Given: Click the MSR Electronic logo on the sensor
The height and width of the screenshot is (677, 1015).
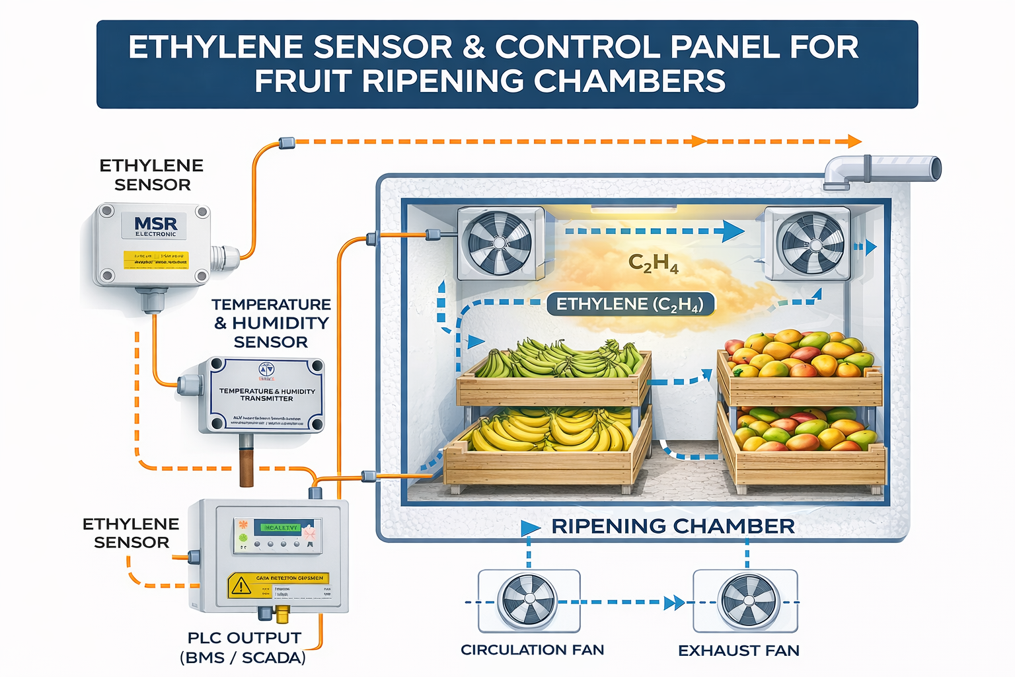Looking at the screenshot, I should [155, 227].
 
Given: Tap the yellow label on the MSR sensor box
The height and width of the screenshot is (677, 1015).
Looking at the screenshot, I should [156, 260].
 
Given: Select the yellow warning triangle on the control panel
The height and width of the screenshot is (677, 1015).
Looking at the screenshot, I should [241, 585].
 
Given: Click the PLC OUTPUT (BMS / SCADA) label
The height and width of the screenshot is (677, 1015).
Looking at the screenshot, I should [243, 648].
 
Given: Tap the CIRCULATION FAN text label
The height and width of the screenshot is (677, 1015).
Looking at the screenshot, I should [532, 650].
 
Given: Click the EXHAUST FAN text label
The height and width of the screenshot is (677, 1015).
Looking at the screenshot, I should [738, 651].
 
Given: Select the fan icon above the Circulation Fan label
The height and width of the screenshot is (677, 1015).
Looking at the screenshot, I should [528, 601].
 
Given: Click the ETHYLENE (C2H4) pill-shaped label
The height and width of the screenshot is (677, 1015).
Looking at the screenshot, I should [630, 304].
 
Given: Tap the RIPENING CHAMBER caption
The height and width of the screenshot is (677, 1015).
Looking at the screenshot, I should [673, 526].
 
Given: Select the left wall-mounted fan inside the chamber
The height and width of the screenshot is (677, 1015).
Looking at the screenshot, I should [500, 242].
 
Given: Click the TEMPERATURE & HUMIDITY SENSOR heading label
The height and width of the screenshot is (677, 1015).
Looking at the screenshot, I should [271, 323].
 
